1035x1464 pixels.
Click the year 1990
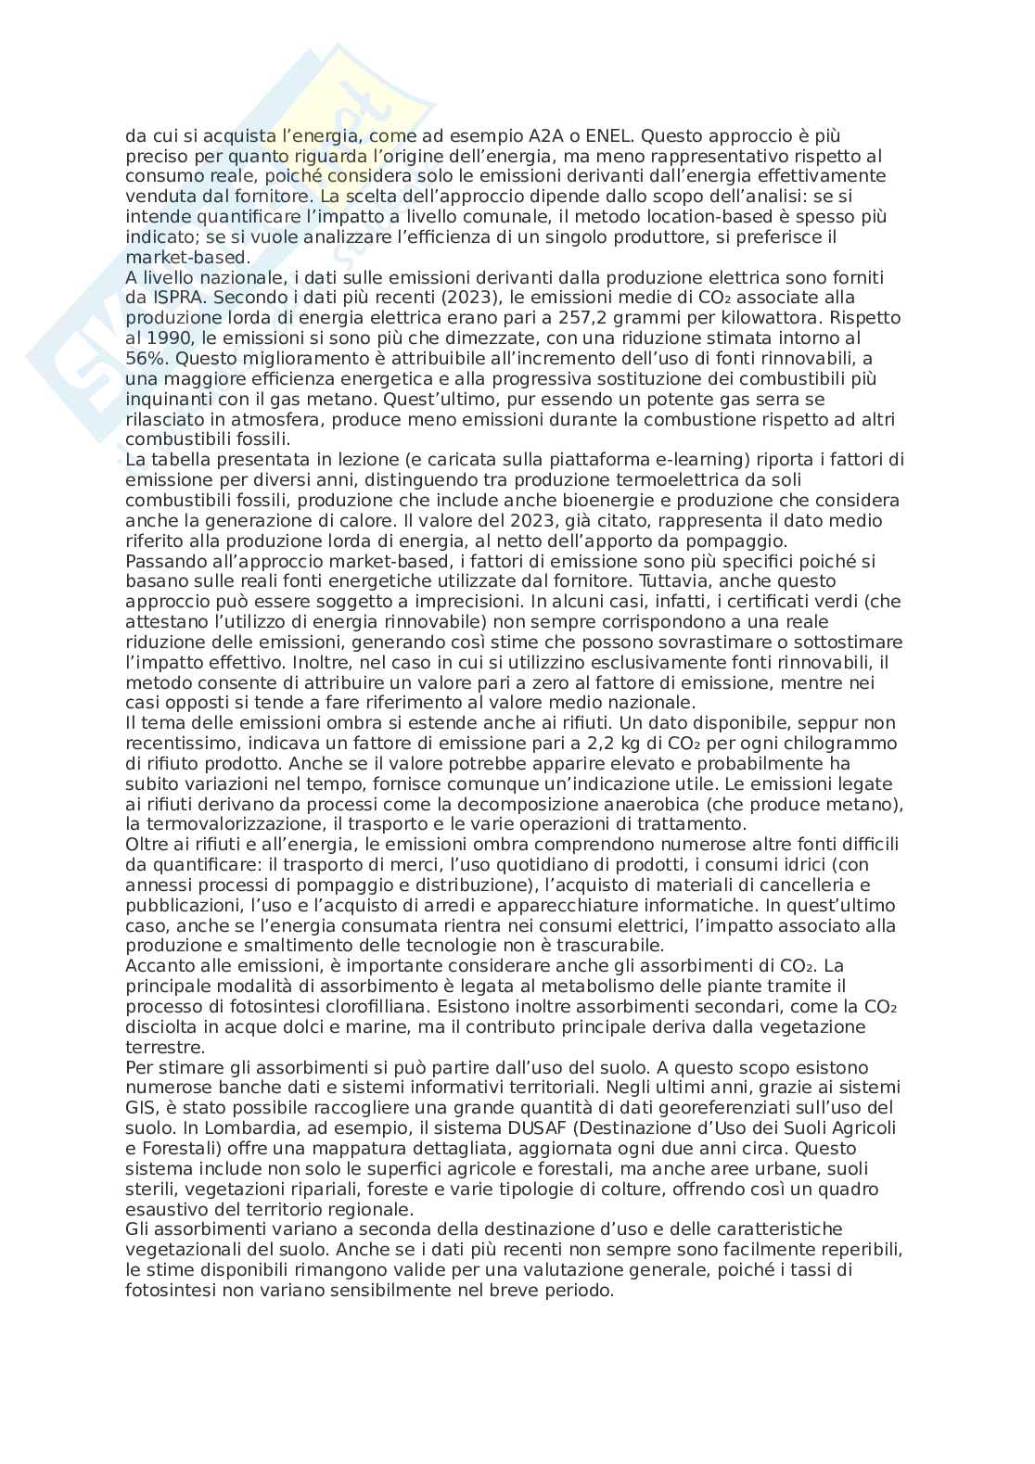pos(169,338)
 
